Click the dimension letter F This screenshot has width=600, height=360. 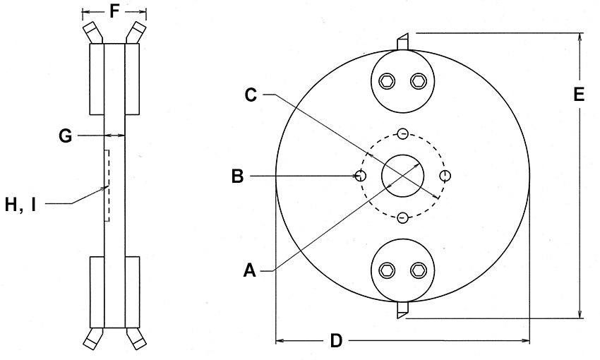pyautogui.click(x=114, y=11)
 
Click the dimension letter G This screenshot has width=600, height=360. pyautogui.click(x=66, y=135)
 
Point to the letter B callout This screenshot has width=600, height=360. pyautogui.click(x=237, y=176)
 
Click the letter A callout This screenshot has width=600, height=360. pyautogui.click(x=248, y=270)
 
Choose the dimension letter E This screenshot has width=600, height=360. pyautogui.click(x=579, y=95)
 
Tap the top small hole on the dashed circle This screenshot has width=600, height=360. pyautogui.click(x=402, y=133)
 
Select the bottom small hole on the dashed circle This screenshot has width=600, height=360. pyautogui.click(x=402, y=217)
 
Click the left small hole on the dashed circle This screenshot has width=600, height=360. pyautogui.click(x=361, y=175)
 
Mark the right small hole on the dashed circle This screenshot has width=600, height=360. pyautogui.click(x=445, y=175)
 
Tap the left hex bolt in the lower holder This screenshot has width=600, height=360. pyautogui.click(x=386, y=270)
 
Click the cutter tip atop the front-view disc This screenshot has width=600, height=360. pyautogui.click(x=402, y=42)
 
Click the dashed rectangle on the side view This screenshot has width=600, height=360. pyautogui.click(x=107, y=186)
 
